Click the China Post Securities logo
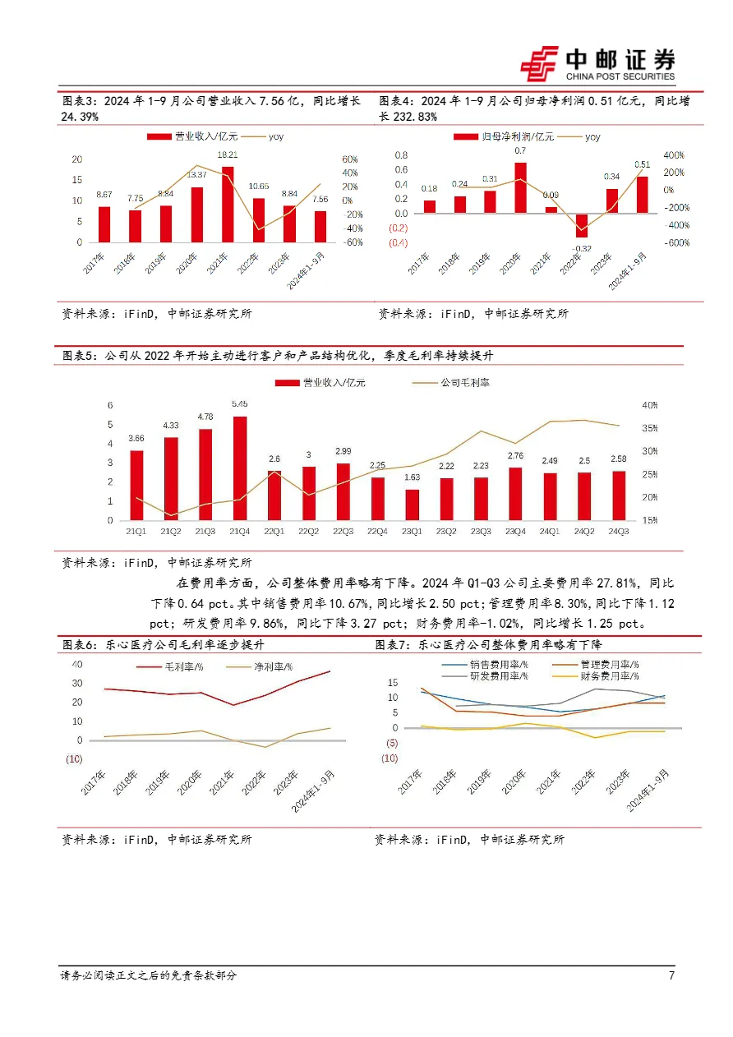(x=598, y=64)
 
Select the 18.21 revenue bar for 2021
(x=228, y=204)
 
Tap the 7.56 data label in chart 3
(x=320, y=199)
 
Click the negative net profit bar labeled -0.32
(x=583, y=226)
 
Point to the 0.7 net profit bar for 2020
(x=521, y=188)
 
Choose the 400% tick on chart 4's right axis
(x=674, y=155)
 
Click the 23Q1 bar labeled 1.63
(x=412, y=505)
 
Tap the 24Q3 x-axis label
(x=619, y=532)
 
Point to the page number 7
(x=671, y=975)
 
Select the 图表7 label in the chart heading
(x=391, y=645)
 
